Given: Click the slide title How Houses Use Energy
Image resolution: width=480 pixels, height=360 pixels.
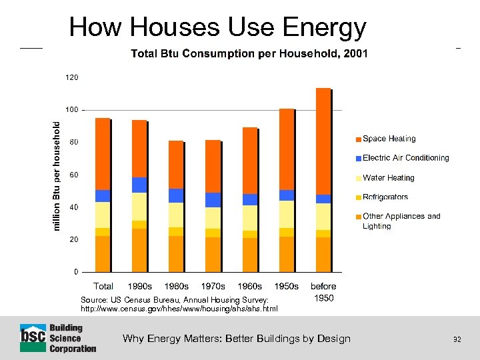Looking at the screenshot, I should pyautogui.click(x=217, y=27).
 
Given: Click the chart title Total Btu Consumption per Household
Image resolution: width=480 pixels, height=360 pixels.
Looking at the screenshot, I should pyautogui.click(x=249, y=53).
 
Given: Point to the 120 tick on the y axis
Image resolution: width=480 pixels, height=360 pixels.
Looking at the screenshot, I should pyautogui.click(x=71, y=77).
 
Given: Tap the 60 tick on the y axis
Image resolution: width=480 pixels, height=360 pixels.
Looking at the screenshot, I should pyautogui.click(x=74, y=175).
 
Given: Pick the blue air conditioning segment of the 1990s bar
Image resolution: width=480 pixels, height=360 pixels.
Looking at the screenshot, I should pyautogui.click(x=139, y=185).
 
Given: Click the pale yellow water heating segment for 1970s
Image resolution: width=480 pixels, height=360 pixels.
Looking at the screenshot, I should pyautogui.click(x=213, y=217).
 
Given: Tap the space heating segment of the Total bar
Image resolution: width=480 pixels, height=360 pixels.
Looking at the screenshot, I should pyautogui.click(x=103, y=153).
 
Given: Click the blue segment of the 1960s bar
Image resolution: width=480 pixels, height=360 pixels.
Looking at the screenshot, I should pyautogui.click(x=249, y=199).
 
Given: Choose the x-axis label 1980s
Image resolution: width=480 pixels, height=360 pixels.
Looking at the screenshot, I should pyautogui.click(x=176, y=286).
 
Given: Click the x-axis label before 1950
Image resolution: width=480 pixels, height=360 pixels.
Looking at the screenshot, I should pyautogui.click(x=323, y=292).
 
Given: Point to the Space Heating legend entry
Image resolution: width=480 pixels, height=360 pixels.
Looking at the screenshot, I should pyautogui.click(x=388, y=139).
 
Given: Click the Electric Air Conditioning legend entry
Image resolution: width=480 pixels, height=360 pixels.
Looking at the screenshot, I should pyautogui.click(x=405, y=158).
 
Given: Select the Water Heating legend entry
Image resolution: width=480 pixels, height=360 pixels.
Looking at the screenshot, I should pyautogui.click(x=388, y=178).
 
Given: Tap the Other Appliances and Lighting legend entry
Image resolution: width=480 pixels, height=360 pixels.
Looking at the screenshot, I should pyautogui.click(x=401, y=221).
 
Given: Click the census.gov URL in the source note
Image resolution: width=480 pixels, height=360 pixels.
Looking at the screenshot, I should pyautogui.click(x=179, y=309).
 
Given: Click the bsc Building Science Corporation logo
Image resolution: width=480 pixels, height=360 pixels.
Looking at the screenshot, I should pyautogui.click(x=58, y=338).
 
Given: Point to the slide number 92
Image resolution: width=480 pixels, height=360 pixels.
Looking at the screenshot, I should pyautogui.click(x=457, y=339).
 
